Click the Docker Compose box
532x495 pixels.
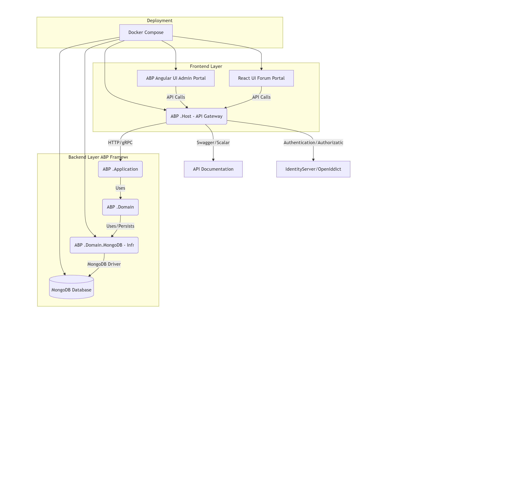click(146, 32)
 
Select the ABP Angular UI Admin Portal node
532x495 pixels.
click(176, 78)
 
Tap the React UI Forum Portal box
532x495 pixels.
click(261, 78)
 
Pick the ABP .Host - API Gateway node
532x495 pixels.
click(196, 116)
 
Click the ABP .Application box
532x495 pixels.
click(120, 169)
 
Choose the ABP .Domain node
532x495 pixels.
click(120, 207)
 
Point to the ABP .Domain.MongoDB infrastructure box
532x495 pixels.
click(104, 245)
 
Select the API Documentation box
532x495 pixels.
click(213, 169)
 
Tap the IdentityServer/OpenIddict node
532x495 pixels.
click(313, 169)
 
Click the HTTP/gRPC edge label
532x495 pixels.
click(120, 142)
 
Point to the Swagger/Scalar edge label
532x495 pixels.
click(213, 142)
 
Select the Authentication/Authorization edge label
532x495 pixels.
click(313, 142)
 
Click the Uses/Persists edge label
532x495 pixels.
click(120, 226)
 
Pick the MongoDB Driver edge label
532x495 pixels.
click(104, 264)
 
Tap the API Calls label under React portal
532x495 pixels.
click(261, 97)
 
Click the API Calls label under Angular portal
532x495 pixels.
click(176, 97)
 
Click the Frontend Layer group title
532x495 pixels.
click(206, 66)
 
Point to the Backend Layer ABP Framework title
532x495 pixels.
click(98, 157)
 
